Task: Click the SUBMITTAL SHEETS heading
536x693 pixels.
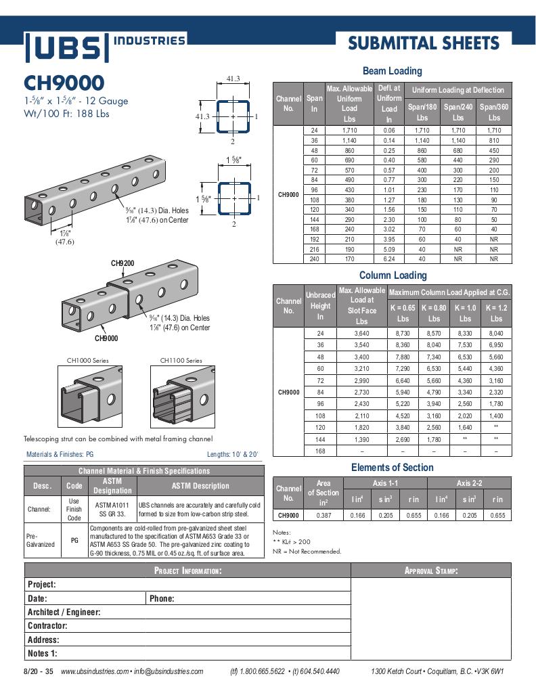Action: click(423, 44)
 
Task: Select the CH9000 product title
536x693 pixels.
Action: click(64, 83)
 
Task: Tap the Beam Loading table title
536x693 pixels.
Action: click(392, 71)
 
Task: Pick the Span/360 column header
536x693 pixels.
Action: click(494, 112)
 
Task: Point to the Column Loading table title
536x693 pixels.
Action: click(393, 275)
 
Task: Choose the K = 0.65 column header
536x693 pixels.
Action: click(403, 313)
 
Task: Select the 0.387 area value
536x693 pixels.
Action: click(323, 516)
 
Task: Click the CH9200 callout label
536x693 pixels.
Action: click(122, 263)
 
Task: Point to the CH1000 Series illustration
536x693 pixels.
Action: click(87, 395)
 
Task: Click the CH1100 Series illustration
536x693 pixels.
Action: click(181, 395)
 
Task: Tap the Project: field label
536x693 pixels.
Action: click(42, 585)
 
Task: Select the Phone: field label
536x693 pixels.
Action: click(162, 598)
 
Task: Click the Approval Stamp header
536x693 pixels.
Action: click(431, 571)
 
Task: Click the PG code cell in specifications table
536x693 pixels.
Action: click(74, 540)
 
